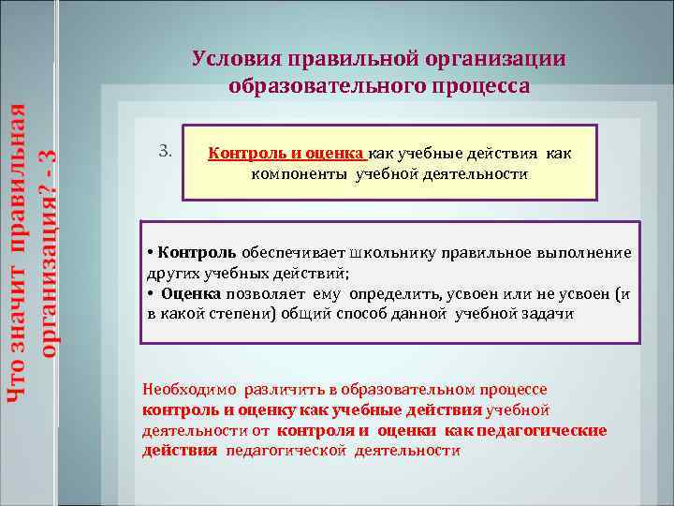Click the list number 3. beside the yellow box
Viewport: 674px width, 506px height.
tap(165, 151)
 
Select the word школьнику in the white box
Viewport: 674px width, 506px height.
tap(391, 253)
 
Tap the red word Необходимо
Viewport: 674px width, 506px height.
tap(185, 389)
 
